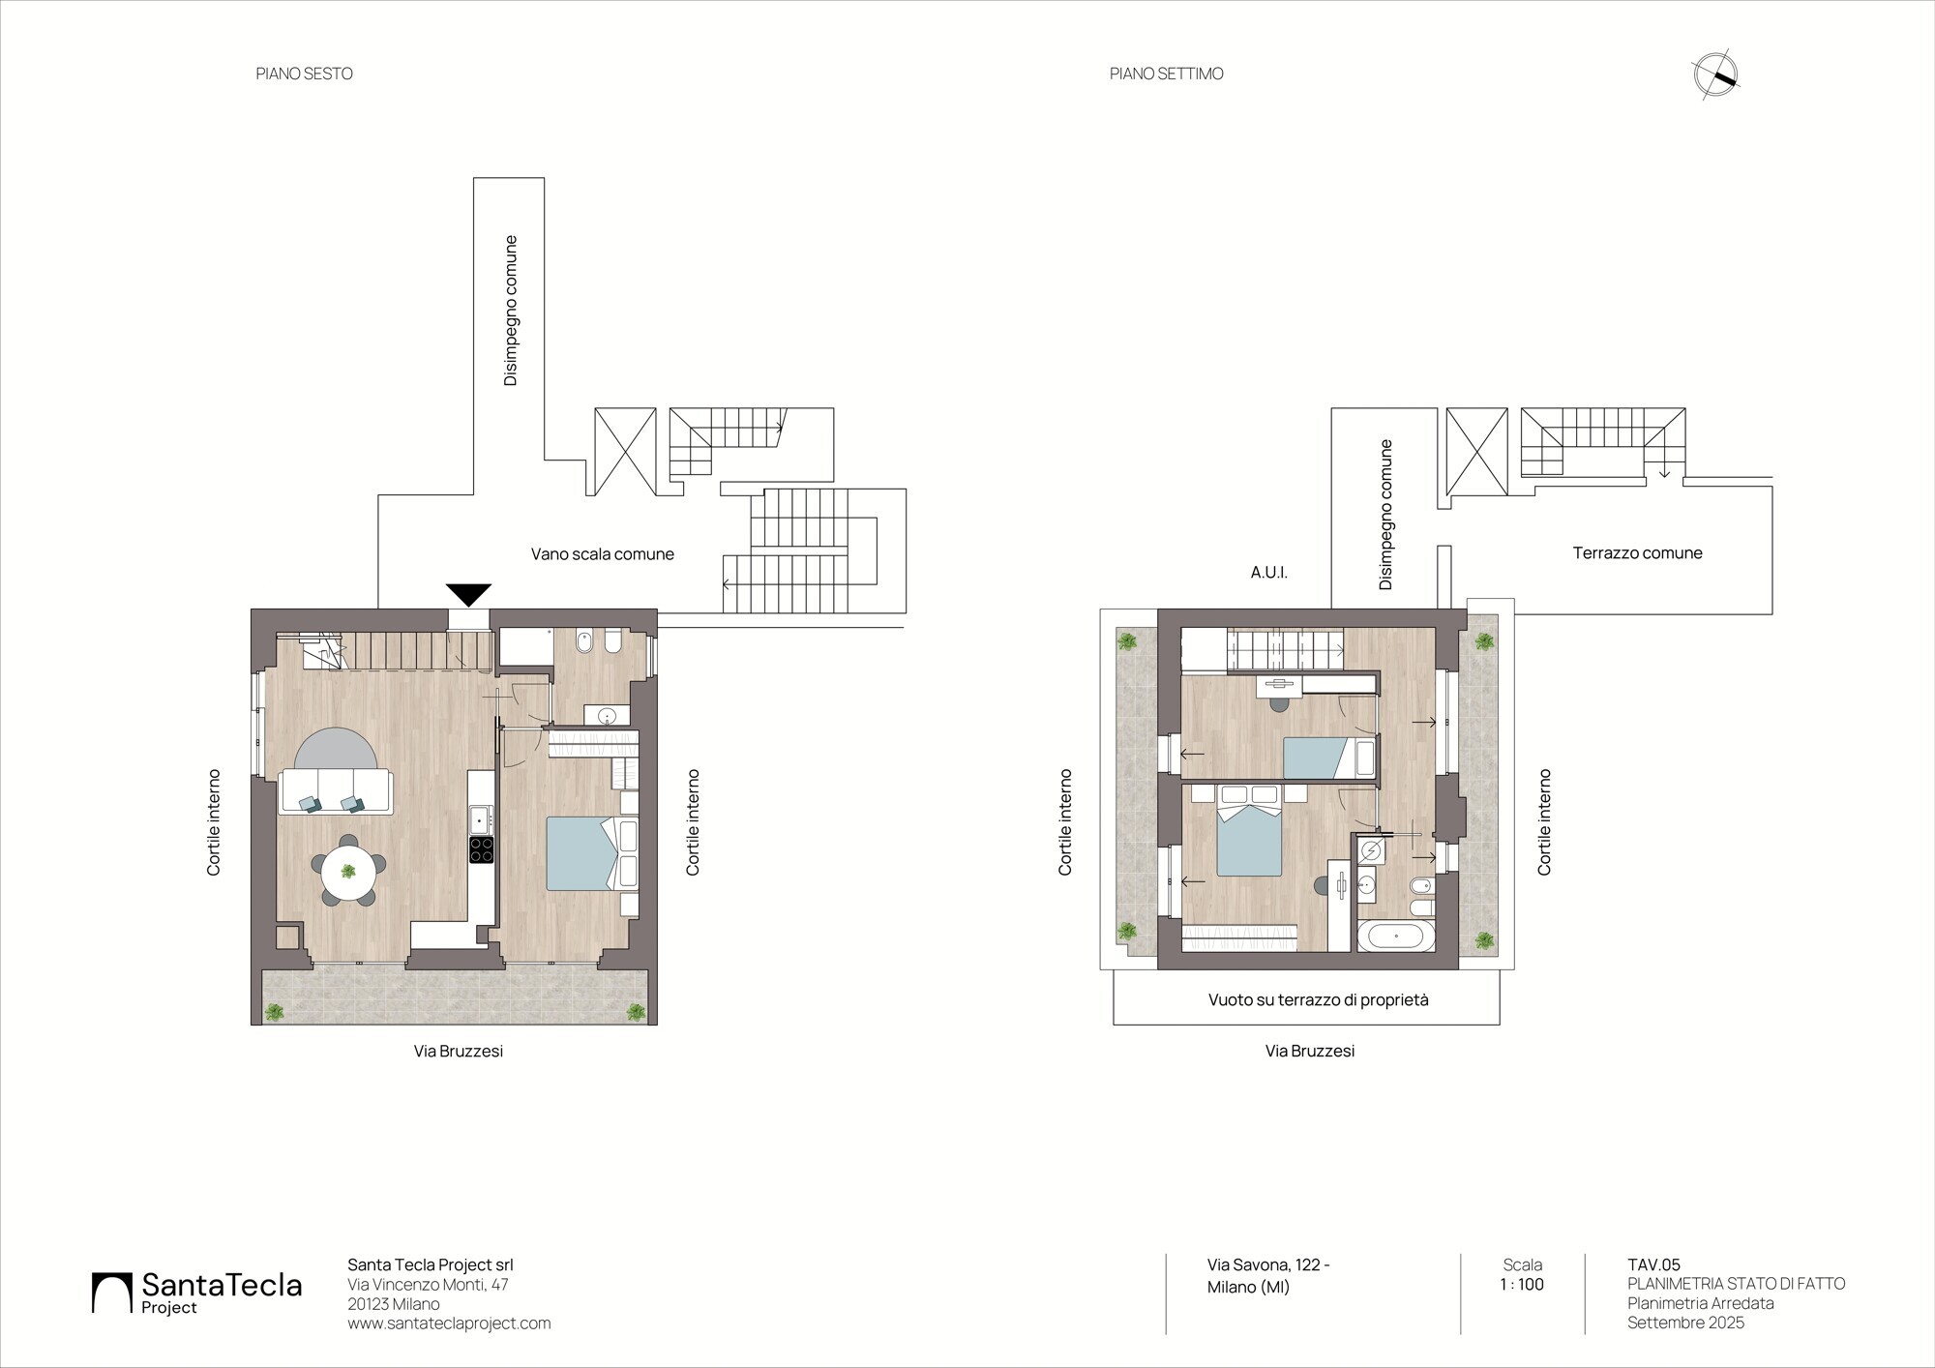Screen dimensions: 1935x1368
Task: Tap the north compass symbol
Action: pyautogui.click(x=1715, y=75)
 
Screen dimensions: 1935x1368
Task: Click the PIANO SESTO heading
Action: pyautogui.click(x=304, y=74)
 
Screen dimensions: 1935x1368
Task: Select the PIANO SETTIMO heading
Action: pyautogui.click(x=1166, y=74)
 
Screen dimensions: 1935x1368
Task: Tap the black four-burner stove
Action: pyautogui.click(x=481, y=849)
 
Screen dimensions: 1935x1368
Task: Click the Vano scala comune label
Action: pyautogui.click(x=602, y=554)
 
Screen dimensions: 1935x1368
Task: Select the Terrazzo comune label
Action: pyautogui.click(x=1637, y=553)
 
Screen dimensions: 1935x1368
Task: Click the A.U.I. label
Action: pyautogui.click(x=1268, y=573)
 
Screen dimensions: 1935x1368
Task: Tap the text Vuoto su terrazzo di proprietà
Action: pyautogui.click(x=1318, y=1000)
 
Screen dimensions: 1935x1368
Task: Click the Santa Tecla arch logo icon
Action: pyautogui.click(x=111, y=1293)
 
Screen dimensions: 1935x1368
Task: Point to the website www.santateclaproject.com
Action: pyautogui.click(x=449, y=1323)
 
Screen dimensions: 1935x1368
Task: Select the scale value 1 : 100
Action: pyautogui.click(x=1522, y=1285)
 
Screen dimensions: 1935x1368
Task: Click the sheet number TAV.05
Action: pyautogui.click(x=1653, y=1264)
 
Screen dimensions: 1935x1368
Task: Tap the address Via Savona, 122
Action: pyautogui.click(x=1268, y=1264)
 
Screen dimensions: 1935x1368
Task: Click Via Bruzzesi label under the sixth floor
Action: pyautogui.click(x=459, y=1051)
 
